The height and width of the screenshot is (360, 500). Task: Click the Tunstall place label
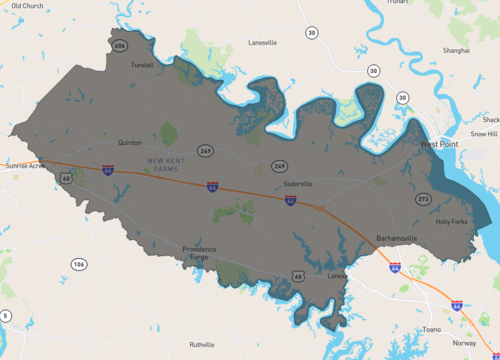click(142, 64)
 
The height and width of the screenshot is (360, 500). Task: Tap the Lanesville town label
click(262, 43)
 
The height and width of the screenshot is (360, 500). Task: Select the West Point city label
click(438, 145)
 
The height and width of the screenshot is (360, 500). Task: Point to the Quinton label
click(130, 143)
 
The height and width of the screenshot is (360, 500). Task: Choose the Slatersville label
click(299, 184)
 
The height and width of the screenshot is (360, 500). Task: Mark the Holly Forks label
click(452, 221)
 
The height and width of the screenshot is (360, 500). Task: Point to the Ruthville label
click(202, 344)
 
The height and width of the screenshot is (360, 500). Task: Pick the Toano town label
click(431, 328)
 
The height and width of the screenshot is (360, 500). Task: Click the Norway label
click(465, 342)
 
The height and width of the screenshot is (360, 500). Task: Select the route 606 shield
click(120, 46)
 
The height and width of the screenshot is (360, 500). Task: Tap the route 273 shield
click(424, 199)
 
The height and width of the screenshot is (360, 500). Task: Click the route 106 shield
click(78, 264)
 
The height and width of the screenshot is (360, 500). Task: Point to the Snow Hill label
click(484, 133)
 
